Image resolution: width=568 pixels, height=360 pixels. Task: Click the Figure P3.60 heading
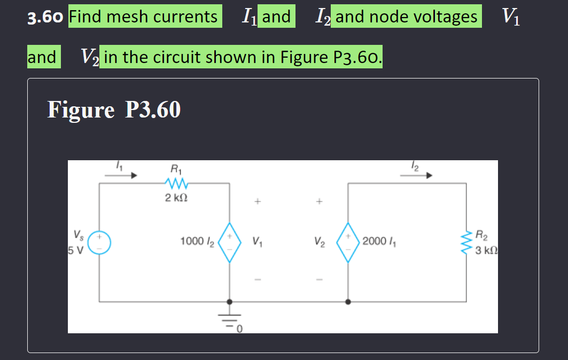point(114,109)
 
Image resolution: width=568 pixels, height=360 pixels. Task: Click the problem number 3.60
point(46,18)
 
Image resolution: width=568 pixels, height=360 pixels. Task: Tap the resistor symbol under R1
point(175,184)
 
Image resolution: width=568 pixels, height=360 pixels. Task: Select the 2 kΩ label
point(176,199)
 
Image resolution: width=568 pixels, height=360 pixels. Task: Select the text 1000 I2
point(197,242)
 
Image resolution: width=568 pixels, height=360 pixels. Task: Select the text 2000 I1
point(378,242)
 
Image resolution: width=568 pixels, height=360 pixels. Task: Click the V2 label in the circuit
point(320,242)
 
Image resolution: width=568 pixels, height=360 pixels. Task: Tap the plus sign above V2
point(320,202)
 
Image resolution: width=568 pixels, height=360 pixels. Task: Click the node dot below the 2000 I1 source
point(348,302)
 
